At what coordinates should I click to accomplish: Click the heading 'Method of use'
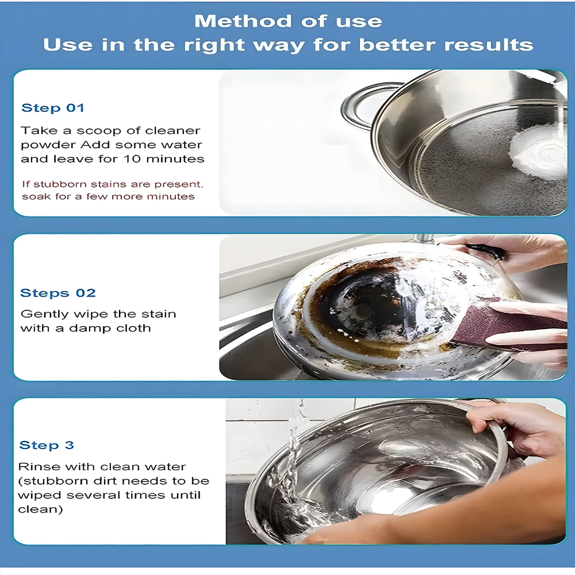coord(288,21)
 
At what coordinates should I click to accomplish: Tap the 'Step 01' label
coord(53,108)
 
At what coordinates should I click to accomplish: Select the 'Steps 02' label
coord(58,293)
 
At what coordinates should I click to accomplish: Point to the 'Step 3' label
coord(47,445)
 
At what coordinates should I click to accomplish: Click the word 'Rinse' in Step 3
coord(34,467)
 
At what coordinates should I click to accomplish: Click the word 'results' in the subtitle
coord(493,45)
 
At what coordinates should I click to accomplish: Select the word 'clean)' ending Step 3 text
coord(40,509)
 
